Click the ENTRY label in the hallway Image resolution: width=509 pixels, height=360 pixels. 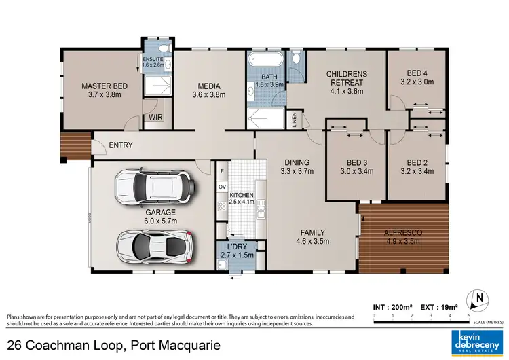120,145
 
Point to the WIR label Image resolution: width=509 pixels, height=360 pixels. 155,118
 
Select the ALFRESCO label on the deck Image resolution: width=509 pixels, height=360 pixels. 404,232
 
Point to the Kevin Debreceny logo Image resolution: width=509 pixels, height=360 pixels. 475,340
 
